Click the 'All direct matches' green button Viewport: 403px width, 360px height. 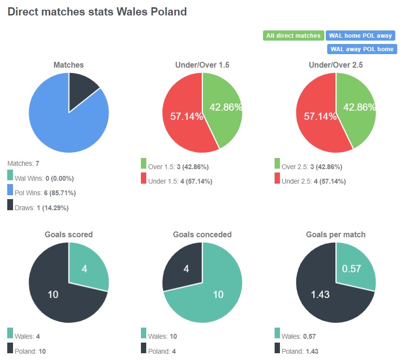pyautogui.click(x=293, y=36)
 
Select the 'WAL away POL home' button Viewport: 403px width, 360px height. pyautogui.click(x=361, y=49)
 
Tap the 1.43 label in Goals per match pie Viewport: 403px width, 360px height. pyautogui.click(x=321, y=294)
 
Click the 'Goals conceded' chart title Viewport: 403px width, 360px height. pyautogui.click(x=202, y=234)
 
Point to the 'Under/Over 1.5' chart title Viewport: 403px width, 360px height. pyautogui.click(x=202, y=65)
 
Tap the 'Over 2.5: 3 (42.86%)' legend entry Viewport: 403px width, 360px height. pyautogui.click(x=311, y=167)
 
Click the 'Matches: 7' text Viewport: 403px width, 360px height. pyautogui.click(x=24, y=164)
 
